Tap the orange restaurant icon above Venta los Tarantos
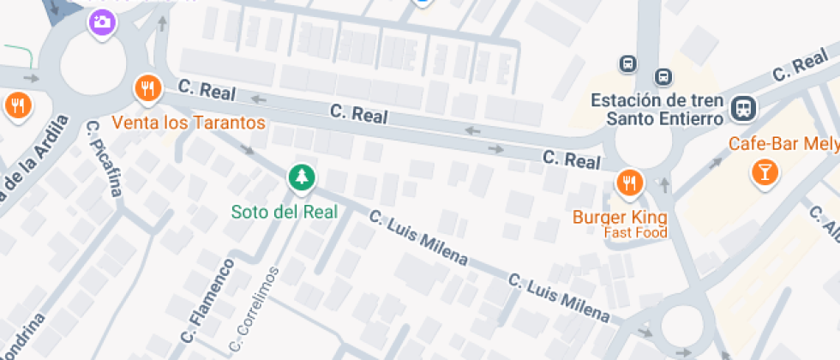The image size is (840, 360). click(x=147, y=87)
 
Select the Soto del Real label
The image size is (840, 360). click(x=285, y=211)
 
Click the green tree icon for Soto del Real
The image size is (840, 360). click(x=301, y=177)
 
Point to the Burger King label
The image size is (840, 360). click(x=620, y=216)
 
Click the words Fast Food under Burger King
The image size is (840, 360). click(x=635, y=232)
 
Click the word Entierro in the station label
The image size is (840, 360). click(x=691, y=118)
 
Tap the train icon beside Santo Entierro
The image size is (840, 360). click(x=743, y=108)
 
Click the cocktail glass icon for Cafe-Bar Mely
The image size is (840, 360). click(x=762, y=173)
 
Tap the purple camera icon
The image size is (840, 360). click(x=102, y=22)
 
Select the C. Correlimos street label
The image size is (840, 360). click(x=254, y=310)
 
